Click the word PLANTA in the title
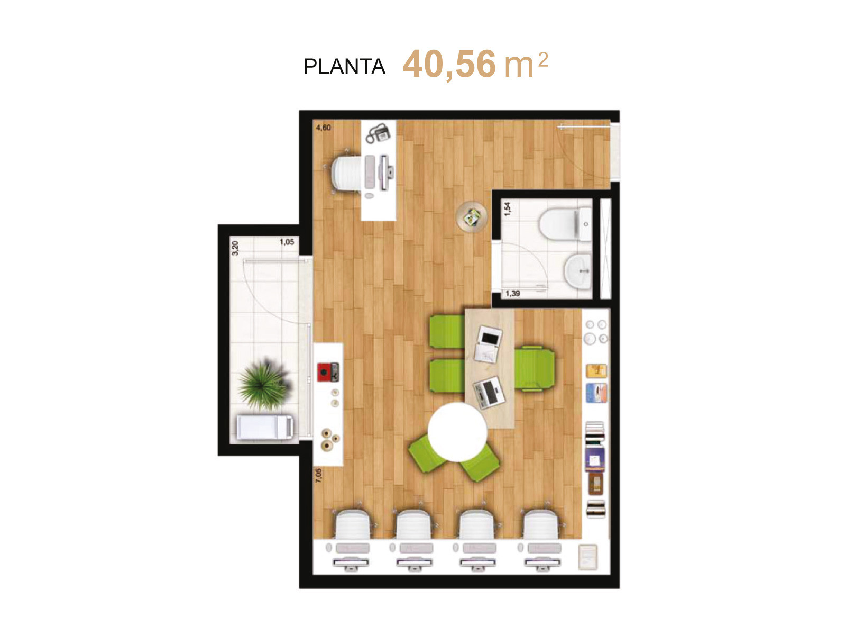point(344,66)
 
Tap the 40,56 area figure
point(448,65)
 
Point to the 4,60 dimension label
point(324,128)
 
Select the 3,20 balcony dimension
point(235,248)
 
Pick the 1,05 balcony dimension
point(287,242)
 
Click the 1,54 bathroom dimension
point(508,208)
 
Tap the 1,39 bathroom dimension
point(512,294)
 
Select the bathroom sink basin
point(578,271)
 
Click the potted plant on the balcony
point(264,385)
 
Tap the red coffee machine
point(328,372)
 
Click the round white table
point(457,432)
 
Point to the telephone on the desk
point(378,133)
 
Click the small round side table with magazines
point(471,217)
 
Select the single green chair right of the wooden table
point(535,369)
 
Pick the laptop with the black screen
point(489,339)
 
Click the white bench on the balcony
point(265,427)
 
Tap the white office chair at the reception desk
point(347,174)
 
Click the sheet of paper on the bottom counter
point(588,557)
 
